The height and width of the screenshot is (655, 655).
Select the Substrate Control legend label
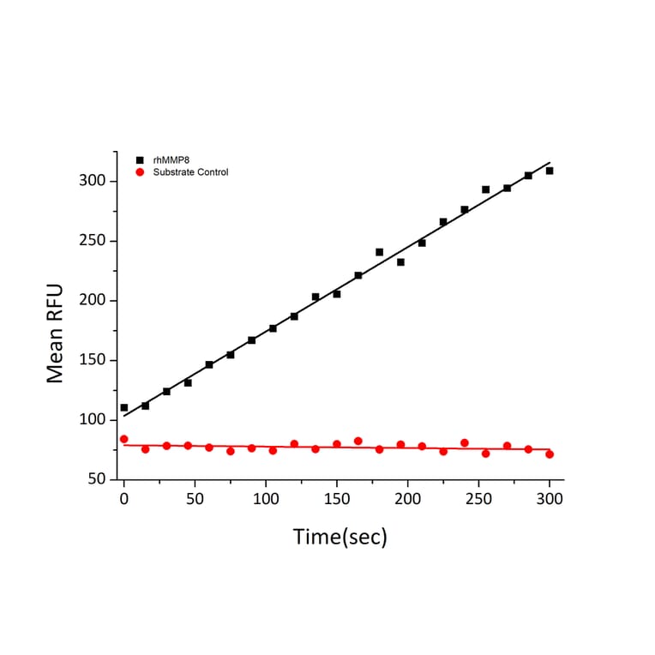190,172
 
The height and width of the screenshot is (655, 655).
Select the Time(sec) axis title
340,538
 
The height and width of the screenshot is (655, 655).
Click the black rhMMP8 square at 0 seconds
123,408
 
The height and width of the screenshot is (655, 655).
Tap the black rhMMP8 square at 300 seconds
550,171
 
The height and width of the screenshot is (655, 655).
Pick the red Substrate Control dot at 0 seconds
123,439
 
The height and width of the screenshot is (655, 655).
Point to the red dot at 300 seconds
550,454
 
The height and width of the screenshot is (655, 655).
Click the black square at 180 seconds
379,252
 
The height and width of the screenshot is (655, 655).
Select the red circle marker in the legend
140,172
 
